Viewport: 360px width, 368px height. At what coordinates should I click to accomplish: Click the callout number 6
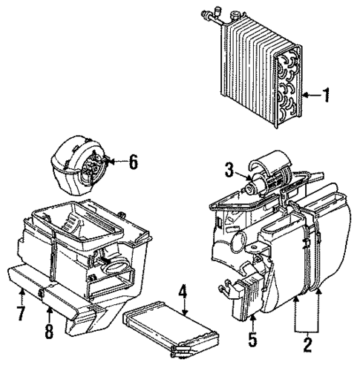[133, 161]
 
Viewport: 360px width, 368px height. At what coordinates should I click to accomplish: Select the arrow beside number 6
[117, 161]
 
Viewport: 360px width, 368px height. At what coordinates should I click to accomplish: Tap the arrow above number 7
[21, 294]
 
